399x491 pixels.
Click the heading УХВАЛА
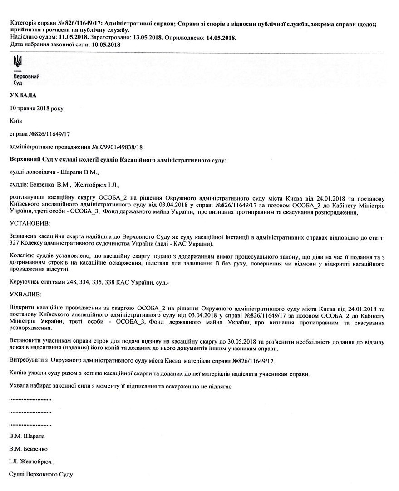click(22, 96)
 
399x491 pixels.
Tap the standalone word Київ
click(15, 121)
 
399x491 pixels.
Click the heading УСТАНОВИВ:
click(30, 224)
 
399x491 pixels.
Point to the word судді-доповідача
click(32, 172)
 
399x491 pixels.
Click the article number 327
click(15, 243)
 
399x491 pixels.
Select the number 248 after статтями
click(66, 282)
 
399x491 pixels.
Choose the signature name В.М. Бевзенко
click(29, 449)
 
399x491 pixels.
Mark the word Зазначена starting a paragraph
click(25, 236)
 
